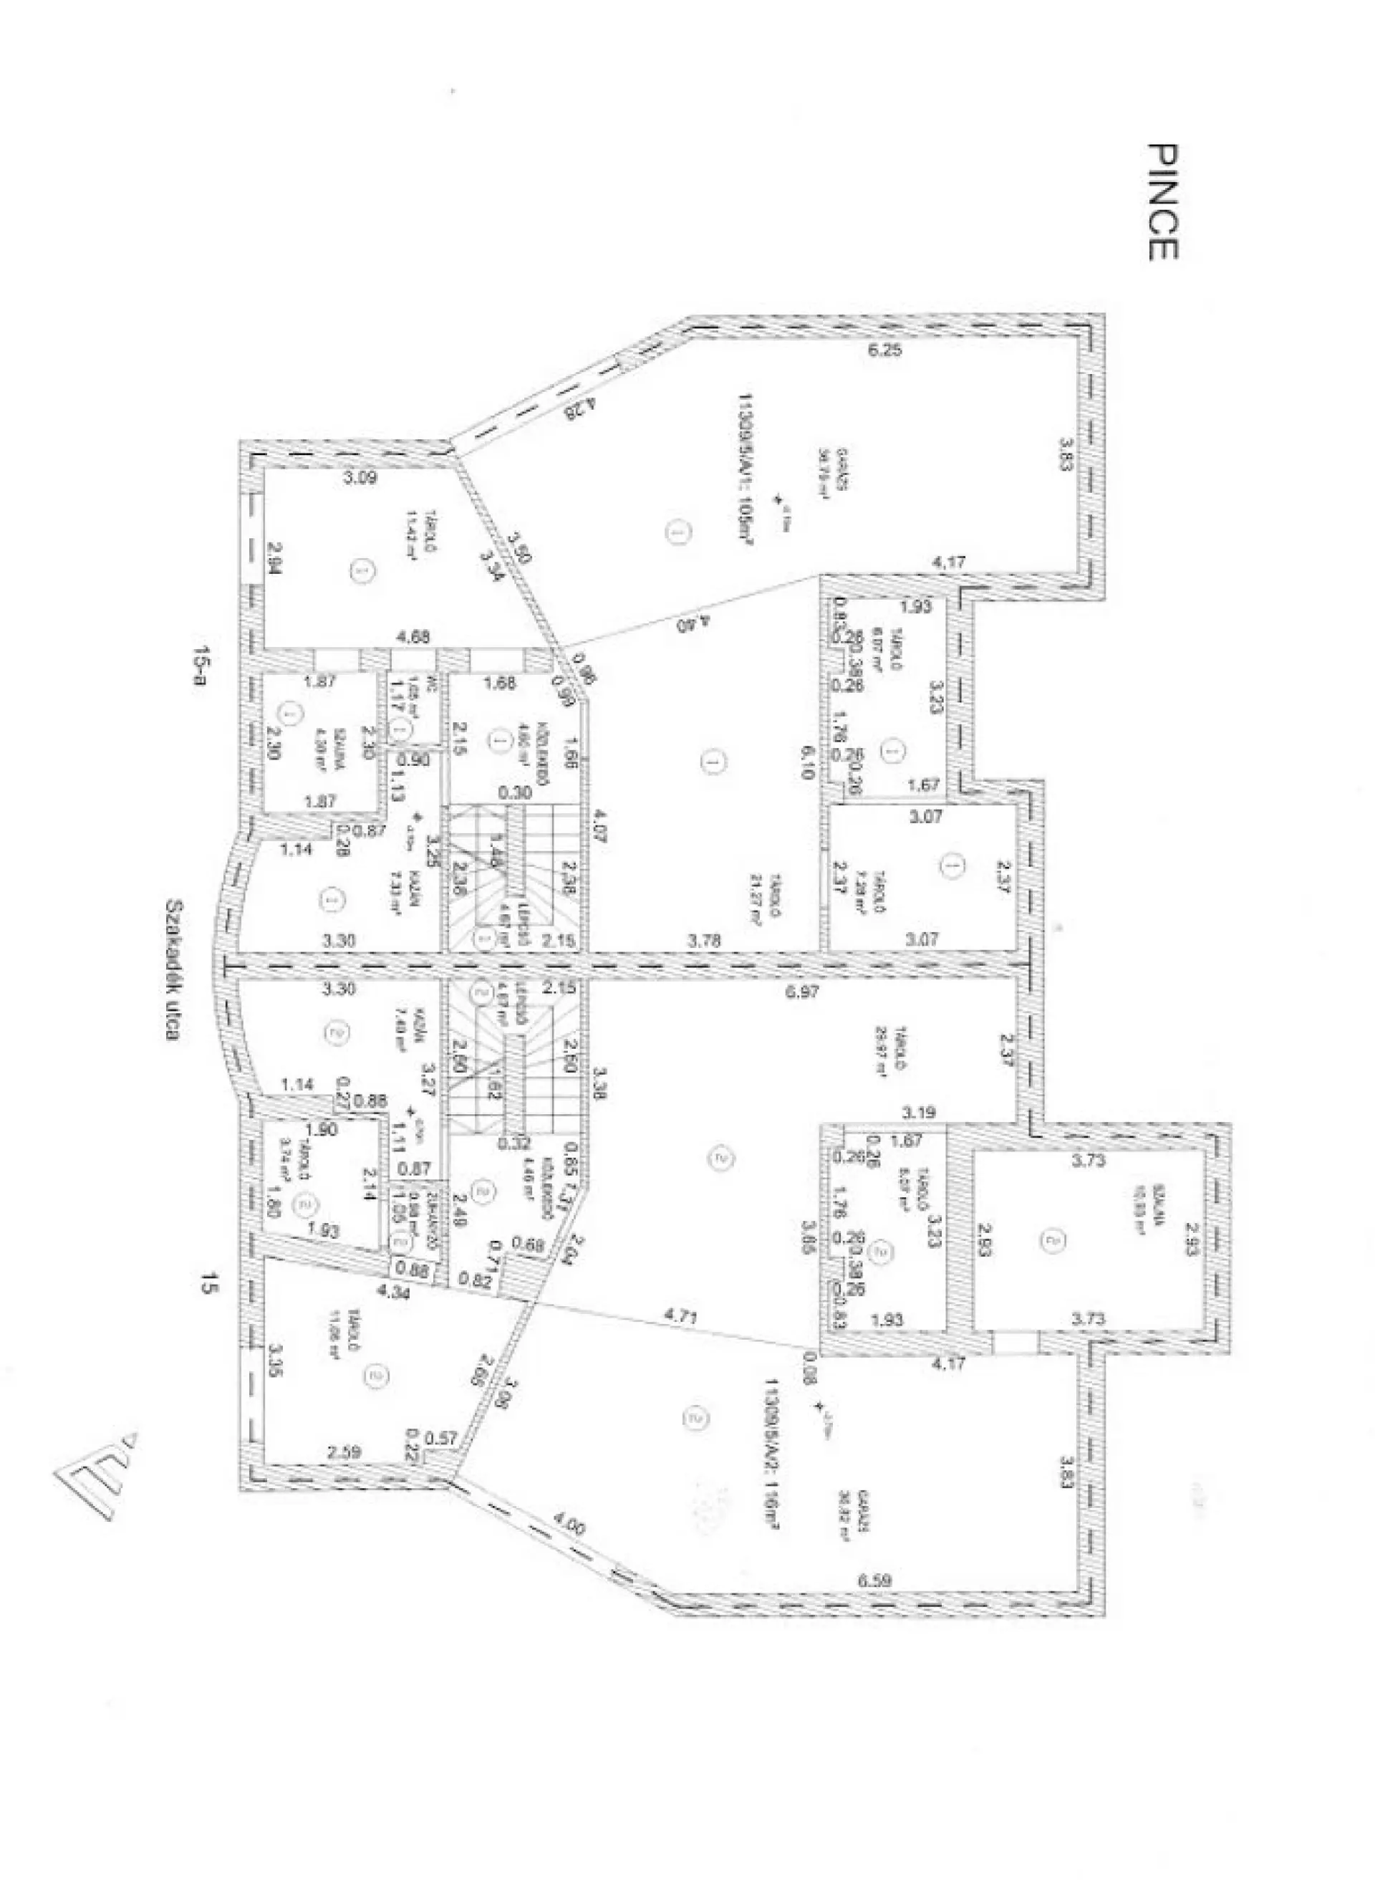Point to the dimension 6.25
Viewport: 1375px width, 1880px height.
click(884, 350)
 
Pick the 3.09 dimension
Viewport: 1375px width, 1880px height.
click(361, 478)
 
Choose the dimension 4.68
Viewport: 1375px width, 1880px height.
click(414, 638)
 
